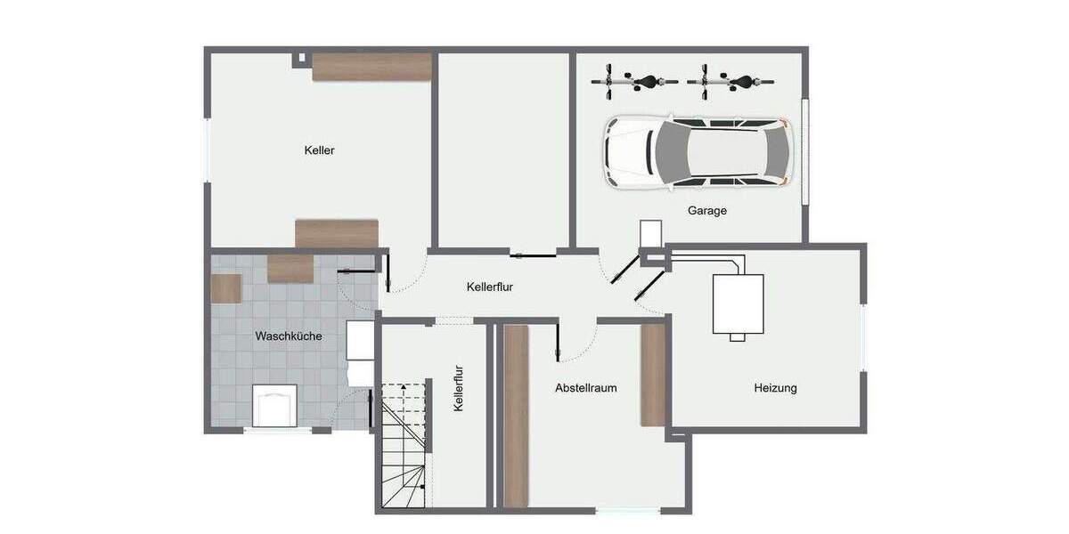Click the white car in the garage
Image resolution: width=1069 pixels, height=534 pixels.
tap(697, 151)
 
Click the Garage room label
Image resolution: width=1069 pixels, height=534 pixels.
tap(706, 211)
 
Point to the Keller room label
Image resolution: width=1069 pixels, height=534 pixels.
tap(319, 150)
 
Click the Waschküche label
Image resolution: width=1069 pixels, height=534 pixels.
tap(289, 336)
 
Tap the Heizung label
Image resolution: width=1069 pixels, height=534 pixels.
tap(775, 388)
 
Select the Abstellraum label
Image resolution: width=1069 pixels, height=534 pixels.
tap(585, 388)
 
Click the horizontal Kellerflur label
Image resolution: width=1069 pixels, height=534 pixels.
tap(489, 287)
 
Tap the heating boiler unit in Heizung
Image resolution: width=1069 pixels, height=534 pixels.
tap(737, 304)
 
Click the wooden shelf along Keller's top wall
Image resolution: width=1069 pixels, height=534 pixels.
tap(371, 67)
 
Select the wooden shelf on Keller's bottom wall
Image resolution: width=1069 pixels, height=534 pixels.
tap(337, 233)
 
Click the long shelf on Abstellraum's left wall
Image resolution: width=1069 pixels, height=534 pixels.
tap(516, 415)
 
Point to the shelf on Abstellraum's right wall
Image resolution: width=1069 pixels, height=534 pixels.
tap(653, 374)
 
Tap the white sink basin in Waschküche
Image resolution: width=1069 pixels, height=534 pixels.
tap(275, 405)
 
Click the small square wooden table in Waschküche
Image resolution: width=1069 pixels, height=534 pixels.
tap(226, 288)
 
